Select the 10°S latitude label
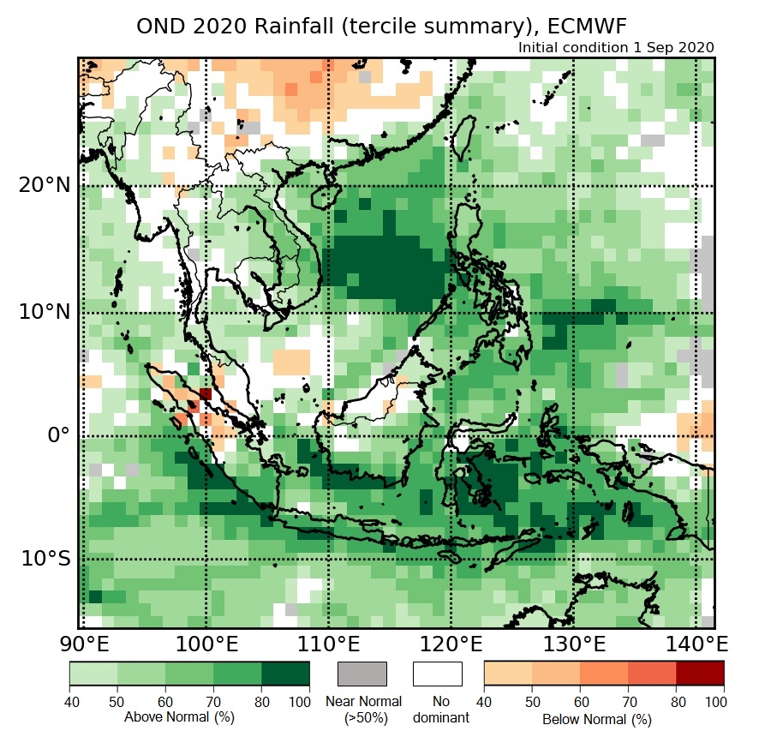click(45, 559)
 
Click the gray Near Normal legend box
click(362, 674)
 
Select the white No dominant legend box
click(437, 674)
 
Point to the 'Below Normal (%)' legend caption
click(597, 718)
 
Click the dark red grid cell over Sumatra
click(205, 393)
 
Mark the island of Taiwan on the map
click(463, 136)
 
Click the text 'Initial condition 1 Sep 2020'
click(616, 47)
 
